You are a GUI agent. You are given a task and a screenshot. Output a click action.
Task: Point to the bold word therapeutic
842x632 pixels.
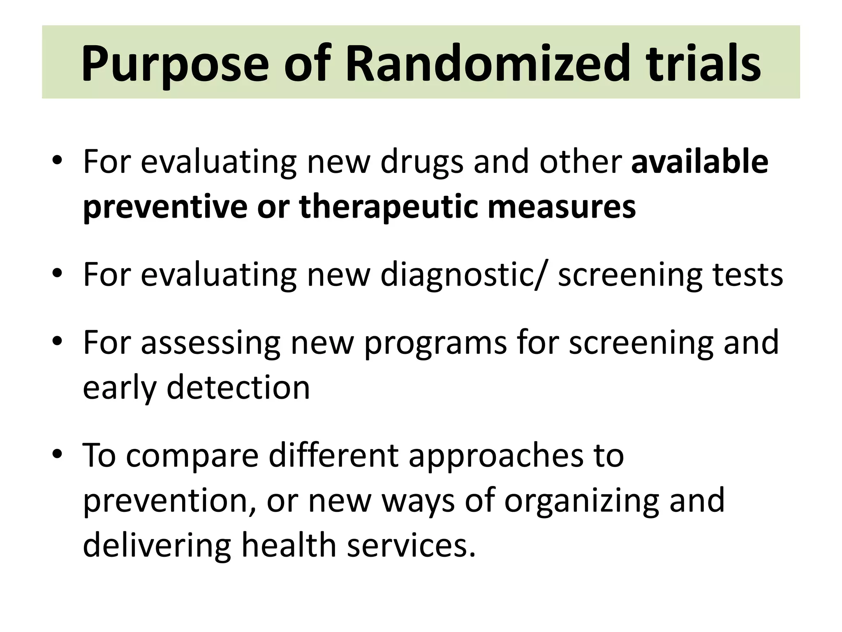coord(389,207)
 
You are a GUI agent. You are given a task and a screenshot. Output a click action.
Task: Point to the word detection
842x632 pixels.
coord(238,388)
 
